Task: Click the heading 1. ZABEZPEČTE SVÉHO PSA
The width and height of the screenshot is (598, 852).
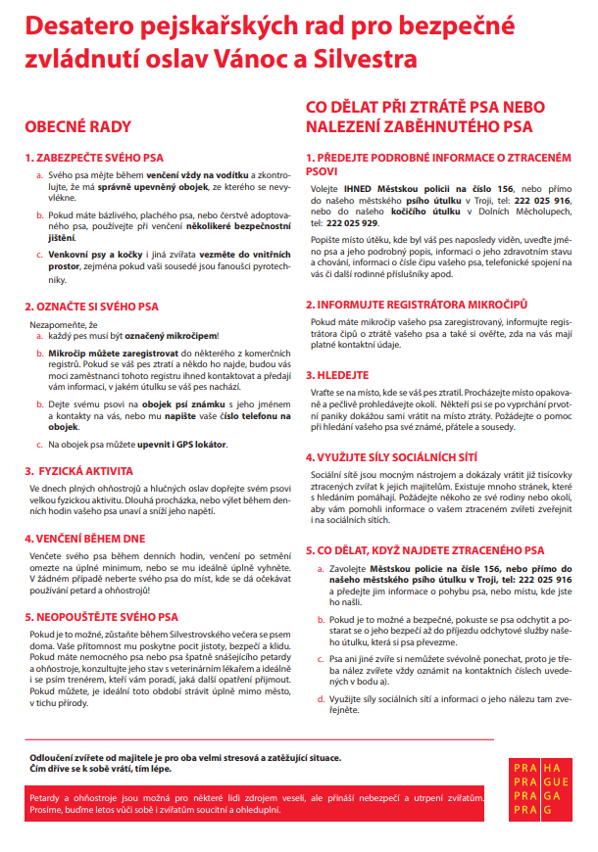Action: (x=94, y=157)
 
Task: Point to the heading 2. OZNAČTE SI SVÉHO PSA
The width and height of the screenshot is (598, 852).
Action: (x=94, y=307)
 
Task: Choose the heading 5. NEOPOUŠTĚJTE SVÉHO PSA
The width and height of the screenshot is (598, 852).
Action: (x=102, y=617)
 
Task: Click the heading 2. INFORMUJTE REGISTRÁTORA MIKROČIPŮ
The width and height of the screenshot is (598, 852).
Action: (x=419, y=304)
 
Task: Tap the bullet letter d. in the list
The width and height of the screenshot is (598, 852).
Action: (x=321, y=698)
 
